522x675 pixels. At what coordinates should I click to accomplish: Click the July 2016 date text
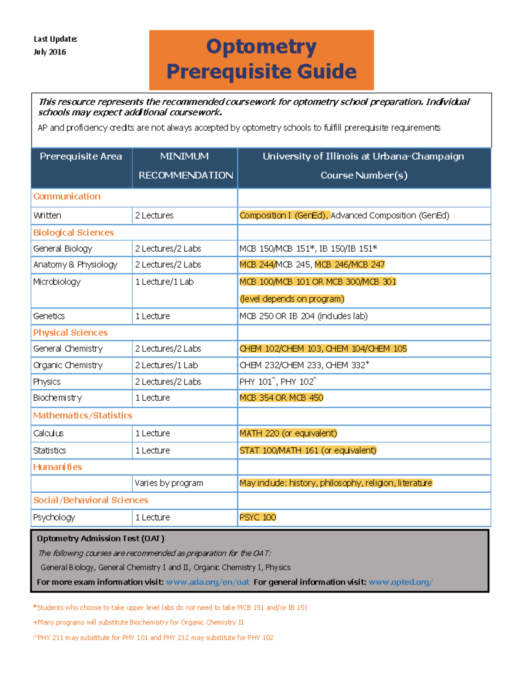click(50, 52)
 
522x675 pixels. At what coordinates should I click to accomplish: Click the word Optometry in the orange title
click(261, 47)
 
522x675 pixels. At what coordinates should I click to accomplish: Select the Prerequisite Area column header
click(81, 156)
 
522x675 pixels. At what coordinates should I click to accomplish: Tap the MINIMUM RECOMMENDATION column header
click(185, 166)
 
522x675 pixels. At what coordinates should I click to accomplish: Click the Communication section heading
click(67, 196)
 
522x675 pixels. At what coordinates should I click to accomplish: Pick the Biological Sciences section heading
click(74, 233)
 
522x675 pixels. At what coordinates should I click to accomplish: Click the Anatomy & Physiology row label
click(75, 265)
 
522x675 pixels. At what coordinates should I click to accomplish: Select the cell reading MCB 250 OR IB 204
click(303, 316)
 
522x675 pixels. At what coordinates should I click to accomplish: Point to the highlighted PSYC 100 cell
click(258, 517)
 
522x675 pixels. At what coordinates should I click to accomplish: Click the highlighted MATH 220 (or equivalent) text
click(288, 433)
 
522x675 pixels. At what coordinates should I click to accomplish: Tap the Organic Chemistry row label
click(68, 365)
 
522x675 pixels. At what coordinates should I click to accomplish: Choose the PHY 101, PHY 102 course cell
click(278, 382)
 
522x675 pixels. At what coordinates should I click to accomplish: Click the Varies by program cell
click(169, 483)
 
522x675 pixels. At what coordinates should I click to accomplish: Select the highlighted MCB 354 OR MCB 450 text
click(281, 398)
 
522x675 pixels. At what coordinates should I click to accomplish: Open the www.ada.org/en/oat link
click(207, 582)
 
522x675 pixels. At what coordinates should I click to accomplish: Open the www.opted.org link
click(400, 582)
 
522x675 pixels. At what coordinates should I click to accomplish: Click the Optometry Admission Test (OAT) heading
click(100, 539)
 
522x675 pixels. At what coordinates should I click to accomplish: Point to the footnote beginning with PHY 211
click(153, 638)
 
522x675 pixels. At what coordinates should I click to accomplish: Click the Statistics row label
click(50, 451)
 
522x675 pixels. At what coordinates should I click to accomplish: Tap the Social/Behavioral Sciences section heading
click(90, 500)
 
